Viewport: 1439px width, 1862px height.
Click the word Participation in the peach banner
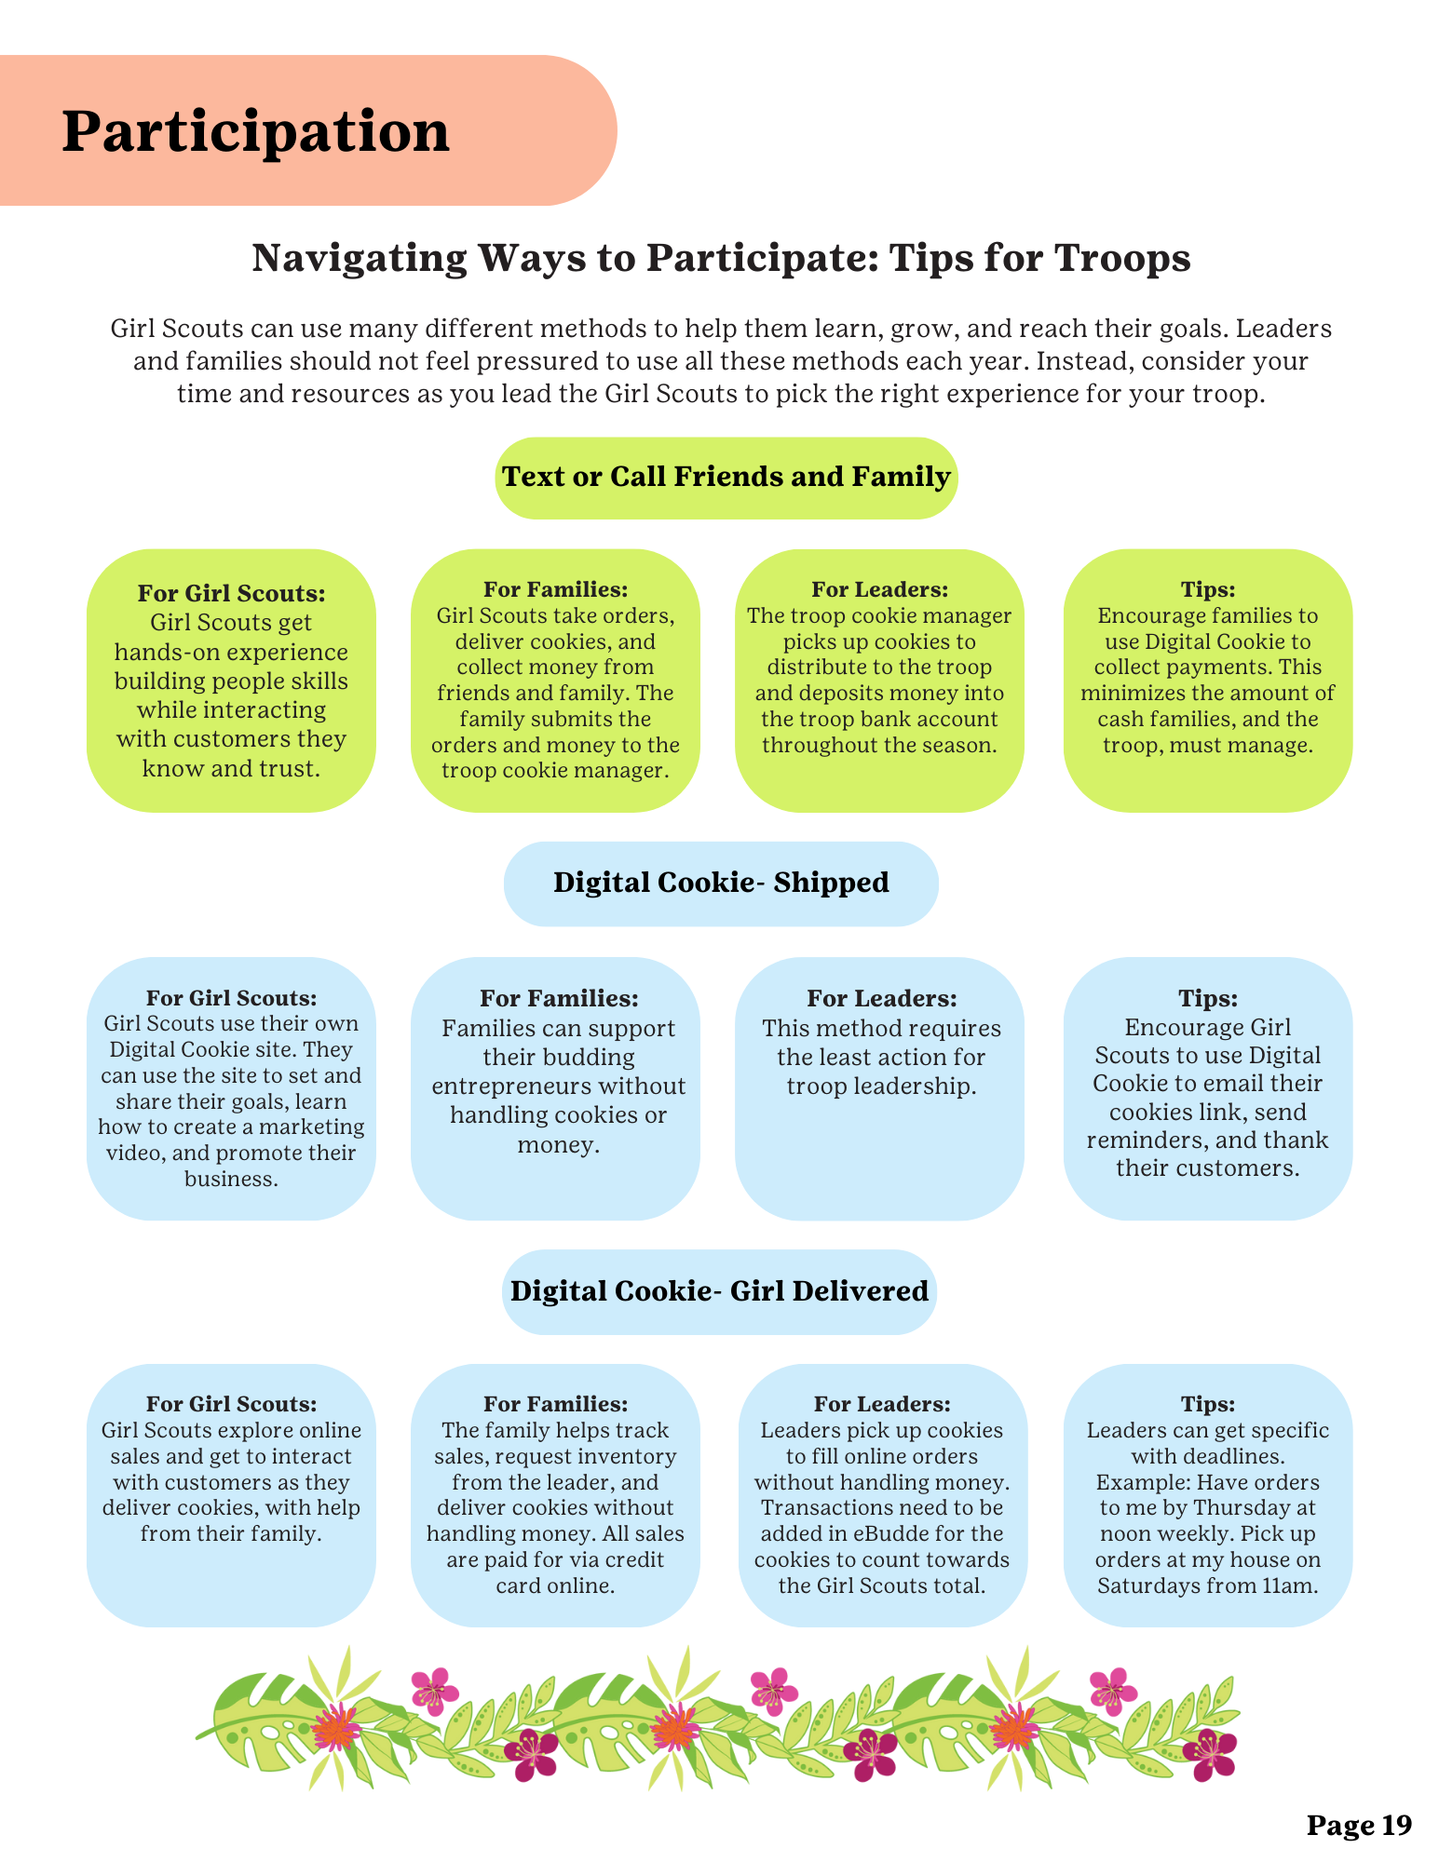[x=256, y=132]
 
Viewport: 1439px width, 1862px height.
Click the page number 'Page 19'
[x=1359, y=1826]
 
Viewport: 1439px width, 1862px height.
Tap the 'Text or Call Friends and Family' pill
[x=726, y=477]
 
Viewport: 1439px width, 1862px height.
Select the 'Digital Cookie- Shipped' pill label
[x=721, y=883]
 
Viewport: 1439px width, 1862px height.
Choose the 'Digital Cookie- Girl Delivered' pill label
[x=719, y=1291]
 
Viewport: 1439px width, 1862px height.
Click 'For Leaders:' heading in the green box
[x=880, y=589]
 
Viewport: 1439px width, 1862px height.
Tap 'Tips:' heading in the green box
[x=1208, y=589]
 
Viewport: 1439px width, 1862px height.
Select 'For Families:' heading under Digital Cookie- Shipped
[x=559, y=998]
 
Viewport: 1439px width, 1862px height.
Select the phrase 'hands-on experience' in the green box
[x=231, y=652]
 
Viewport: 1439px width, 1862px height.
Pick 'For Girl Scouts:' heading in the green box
[x=232, y=593]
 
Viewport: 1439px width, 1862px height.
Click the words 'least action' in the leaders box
[x=881, y=1058]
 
